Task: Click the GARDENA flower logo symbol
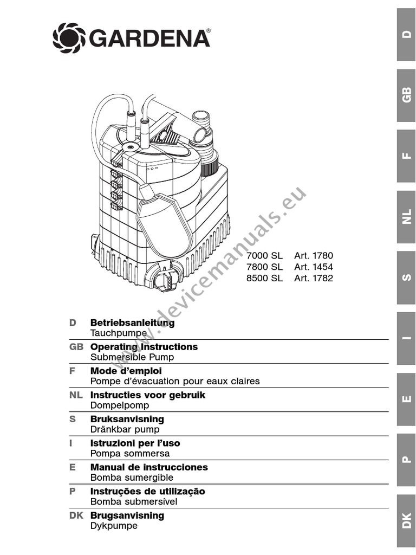click(69, 37)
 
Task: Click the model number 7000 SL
click(264, 255)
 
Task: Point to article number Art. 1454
click(314, 267)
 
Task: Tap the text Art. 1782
click(314, 279)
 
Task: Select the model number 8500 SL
click(264, 279)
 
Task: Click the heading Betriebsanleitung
click(132, 323)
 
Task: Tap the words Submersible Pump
click(132, 357)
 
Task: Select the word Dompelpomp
click(119, 405)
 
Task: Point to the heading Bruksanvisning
click(127, 419)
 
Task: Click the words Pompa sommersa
click(130, 453)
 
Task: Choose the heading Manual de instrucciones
click(149, 467)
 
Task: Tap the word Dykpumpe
click(114, 526)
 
